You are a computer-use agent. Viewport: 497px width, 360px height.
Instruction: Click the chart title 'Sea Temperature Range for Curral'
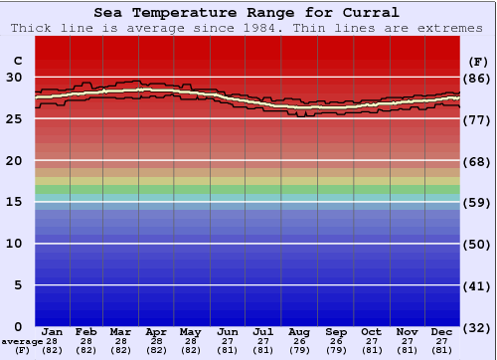pyautogui.click(x=248, y=13)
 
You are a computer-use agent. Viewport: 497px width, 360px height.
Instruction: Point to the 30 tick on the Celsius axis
pyautogui.click(x=15, y=77)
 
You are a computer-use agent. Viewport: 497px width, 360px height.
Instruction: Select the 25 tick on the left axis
pyautogui.click(x=15, y=118)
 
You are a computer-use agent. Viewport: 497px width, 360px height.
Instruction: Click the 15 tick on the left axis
pyautogui.click(x=15, y=202)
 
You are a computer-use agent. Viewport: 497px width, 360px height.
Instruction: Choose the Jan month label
pyautogui.click(x=53, y=331)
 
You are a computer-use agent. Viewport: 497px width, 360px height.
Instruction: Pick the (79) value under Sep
pyautogui.click(x=336, y=349)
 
